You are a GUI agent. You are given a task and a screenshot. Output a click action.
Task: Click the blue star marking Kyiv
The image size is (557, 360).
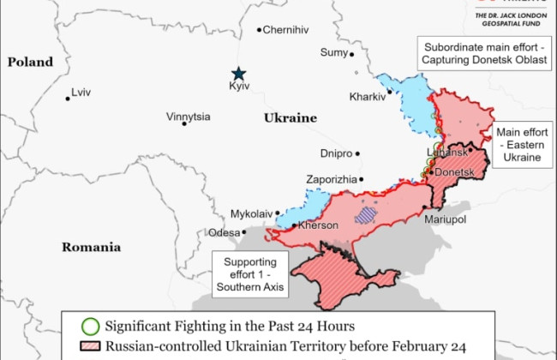(x=238, y=74)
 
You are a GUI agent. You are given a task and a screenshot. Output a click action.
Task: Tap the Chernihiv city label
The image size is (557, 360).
(x=285, y=30)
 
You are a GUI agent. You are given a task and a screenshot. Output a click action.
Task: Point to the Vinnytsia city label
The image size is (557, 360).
(x=189, y=117)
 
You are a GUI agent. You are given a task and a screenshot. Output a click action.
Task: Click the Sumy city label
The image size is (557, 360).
(x=333, y=52)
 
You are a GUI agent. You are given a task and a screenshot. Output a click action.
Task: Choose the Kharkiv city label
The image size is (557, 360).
(x=367, y=97)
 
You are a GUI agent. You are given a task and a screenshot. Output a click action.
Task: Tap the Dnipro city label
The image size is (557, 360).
(x=336, y=154)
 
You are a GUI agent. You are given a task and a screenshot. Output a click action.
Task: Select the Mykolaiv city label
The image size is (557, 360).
(x=251, y=213)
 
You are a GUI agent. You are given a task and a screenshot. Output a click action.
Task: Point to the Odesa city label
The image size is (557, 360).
(x=225, y=232)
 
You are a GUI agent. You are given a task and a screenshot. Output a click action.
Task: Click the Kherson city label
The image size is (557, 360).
(x=318, y=225)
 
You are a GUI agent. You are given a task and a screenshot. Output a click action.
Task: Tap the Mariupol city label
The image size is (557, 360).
(x=446, y=220)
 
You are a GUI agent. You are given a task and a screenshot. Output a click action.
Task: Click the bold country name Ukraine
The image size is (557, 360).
(x=290, y=118)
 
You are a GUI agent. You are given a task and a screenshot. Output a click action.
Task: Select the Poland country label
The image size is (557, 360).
(x=30, y=62)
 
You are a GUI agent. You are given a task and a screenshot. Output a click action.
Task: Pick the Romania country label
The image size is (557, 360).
(x=91, y=247)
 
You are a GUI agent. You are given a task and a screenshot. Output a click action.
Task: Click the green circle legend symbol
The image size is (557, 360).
(x=89, y=326)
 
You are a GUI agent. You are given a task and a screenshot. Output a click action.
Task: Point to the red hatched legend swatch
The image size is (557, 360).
(x=89, y=347)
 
